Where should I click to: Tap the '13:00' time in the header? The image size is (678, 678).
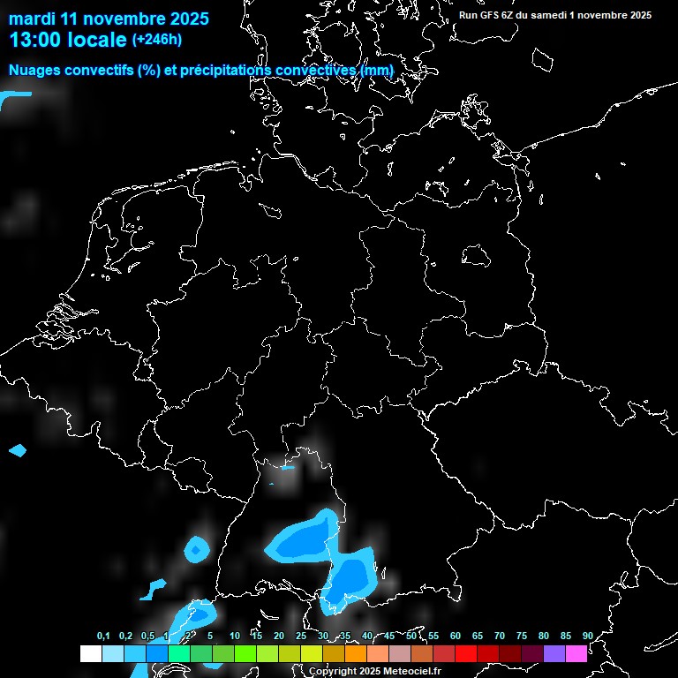tap(34, 40)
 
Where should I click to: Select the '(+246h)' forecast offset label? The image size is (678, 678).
tap(156, 40)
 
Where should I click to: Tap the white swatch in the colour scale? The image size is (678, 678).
tap(90, 654)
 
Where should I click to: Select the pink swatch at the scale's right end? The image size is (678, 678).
tap(576, 654)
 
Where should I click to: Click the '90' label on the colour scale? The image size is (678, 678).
tap(587, 636)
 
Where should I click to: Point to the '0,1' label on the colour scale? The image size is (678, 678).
tap(103, 636)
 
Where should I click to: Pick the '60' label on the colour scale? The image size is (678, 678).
tap(455, 636)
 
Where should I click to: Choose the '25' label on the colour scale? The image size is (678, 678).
tap(300, 636)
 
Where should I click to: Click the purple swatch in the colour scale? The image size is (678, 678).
tap(554, 654)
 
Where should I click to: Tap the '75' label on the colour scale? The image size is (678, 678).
tap(521, 636)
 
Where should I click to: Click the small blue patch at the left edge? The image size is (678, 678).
tap(18, 451)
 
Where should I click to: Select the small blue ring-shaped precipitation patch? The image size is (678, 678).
tap(196, 551)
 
